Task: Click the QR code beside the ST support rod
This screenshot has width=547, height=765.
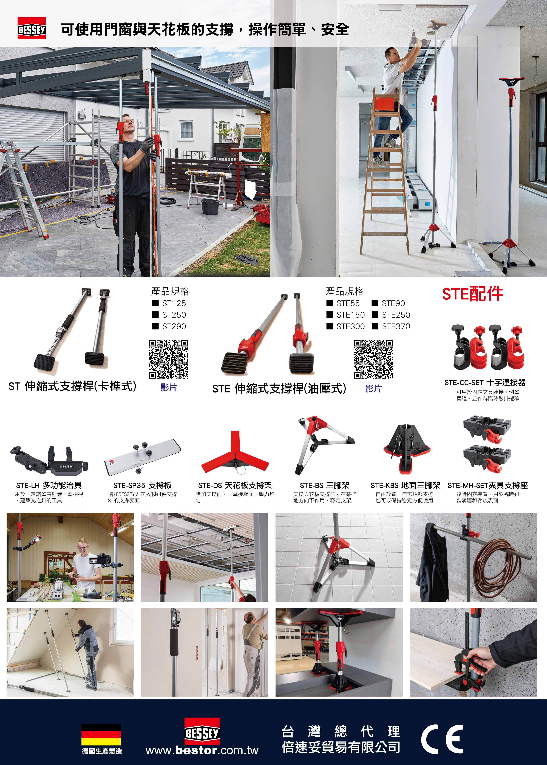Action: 168,359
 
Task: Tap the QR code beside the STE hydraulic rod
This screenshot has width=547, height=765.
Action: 373,359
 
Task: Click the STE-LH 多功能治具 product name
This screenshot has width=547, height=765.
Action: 49,485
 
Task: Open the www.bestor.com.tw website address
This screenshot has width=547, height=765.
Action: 202,750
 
